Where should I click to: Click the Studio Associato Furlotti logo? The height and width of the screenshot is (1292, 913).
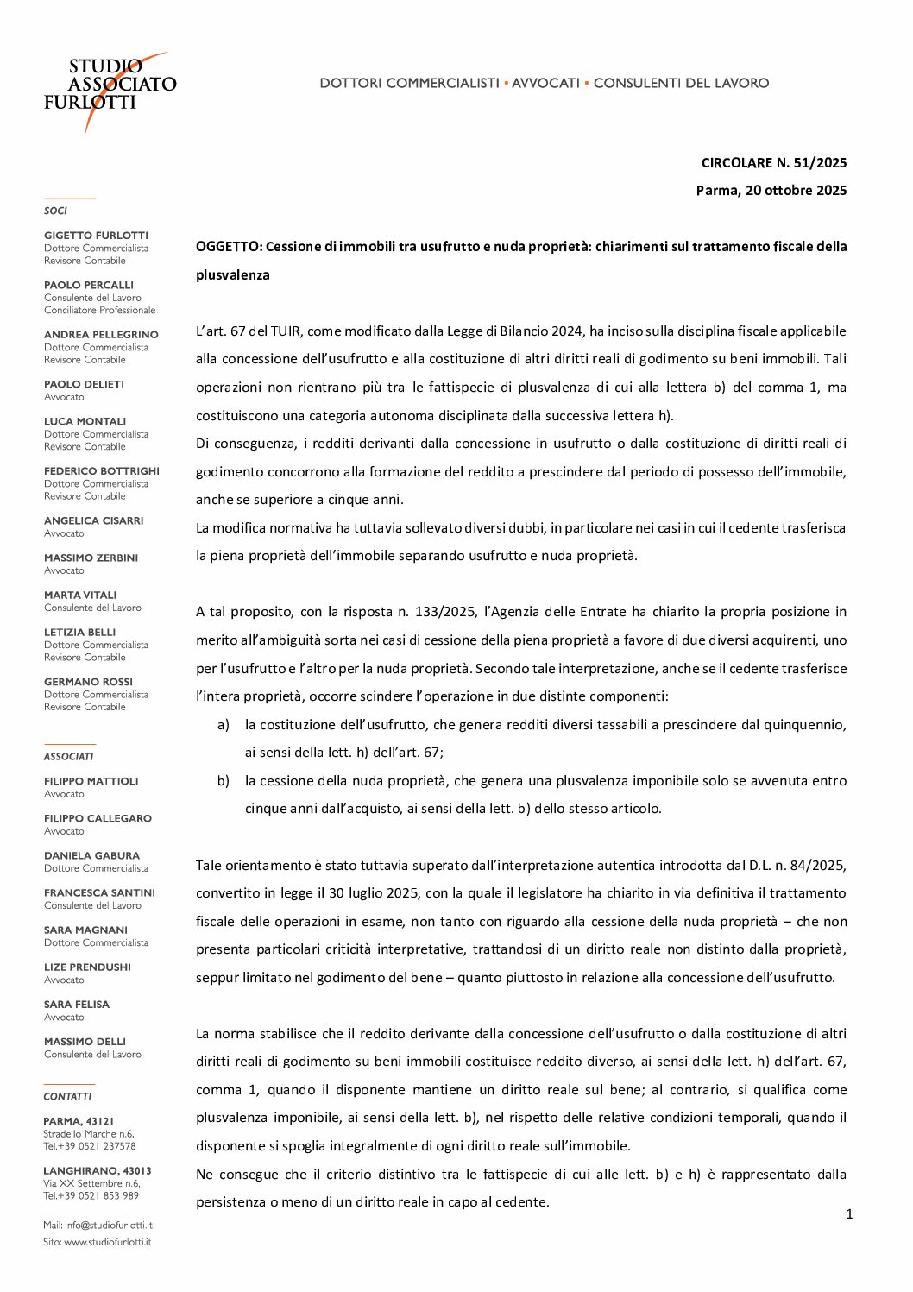pos(110,90)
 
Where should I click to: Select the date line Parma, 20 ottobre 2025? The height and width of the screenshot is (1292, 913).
pos(771,190)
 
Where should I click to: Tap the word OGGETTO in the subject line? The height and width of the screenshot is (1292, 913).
pos(228,247)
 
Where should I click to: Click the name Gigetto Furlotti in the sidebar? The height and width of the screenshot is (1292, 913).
pos(96,236)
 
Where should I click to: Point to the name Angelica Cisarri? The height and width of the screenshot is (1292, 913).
pos(93,520)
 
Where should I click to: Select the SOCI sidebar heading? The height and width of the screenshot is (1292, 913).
pos(55,211)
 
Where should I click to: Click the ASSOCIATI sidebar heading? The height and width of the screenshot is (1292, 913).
pos(68,756)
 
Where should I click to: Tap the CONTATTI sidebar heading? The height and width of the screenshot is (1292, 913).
pos(67,1096)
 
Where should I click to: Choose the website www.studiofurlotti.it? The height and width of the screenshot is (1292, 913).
pos(107,1242)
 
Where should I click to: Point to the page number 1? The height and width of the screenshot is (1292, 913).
pos(848,1214)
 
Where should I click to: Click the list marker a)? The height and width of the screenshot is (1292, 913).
pos(224,725)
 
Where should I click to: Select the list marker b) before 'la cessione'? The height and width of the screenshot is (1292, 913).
pos(224,781)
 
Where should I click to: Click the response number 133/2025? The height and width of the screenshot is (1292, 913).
pos(444,612)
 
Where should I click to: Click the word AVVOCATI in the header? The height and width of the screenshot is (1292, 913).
pos(545,83)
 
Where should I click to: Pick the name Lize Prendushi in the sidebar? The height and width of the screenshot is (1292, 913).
pos(87,967)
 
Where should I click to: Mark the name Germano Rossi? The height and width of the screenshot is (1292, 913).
pos(88,682)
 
